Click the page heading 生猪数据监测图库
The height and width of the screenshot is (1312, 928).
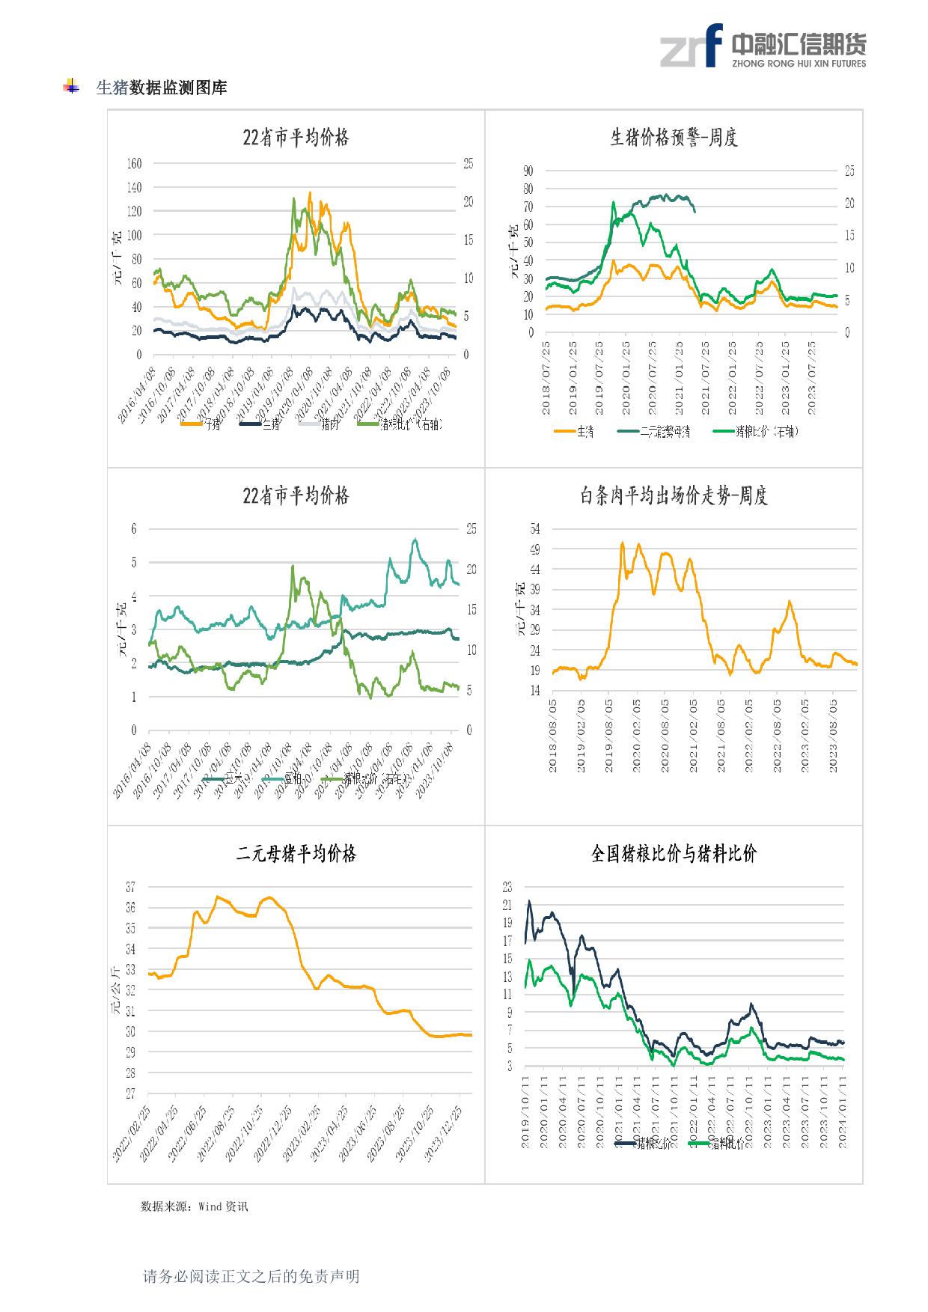click(161, 88)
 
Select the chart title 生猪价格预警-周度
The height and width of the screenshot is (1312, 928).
click(674, 138)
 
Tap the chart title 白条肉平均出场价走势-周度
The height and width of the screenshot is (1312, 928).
click(674, 495)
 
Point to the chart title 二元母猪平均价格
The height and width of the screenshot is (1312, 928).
click(296, 853)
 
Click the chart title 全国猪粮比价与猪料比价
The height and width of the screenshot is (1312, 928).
click(674, 853)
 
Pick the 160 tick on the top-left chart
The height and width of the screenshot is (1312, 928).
click(134, 163)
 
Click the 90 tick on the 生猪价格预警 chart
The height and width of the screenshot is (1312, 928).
click(528, 171)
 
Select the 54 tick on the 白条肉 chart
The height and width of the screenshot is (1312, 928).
click(534, 529)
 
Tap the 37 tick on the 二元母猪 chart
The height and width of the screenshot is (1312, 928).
click(130, 887)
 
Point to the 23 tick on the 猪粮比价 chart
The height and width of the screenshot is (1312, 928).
click(507, 888)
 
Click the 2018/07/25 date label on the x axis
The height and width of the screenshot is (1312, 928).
click(547, 377)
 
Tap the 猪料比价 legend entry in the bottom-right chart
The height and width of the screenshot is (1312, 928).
click(725, 1144)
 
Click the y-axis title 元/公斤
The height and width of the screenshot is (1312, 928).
click(115, 990)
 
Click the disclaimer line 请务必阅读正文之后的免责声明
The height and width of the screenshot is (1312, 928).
click(251, 1276)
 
